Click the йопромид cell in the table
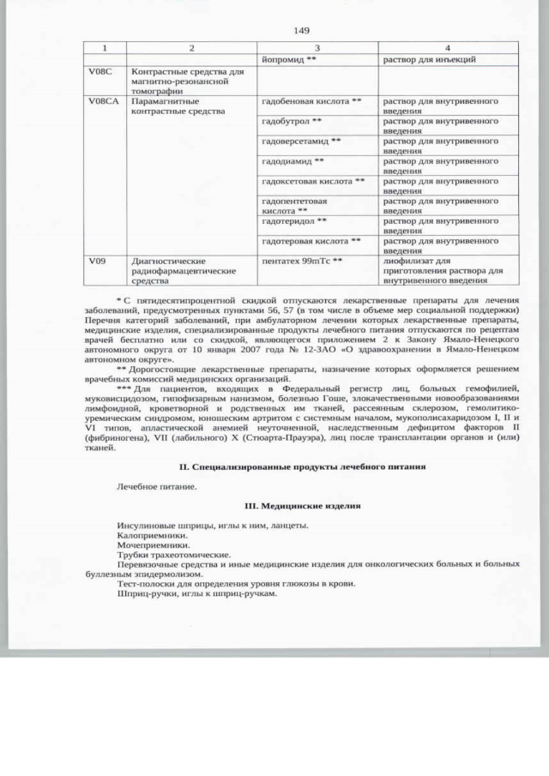pos(290,60)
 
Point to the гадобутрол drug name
pos(292,121)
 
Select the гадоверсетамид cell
pos(301,141)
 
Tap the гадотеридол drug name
pos(294,220)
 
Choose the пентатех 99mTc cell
pos(302,260)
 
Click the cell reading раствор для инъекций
pos(429,60)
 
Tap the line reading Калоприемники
pos(153,535)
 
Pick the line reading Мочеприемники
pos(154,545)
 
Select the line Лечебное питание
pos(157,486)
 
